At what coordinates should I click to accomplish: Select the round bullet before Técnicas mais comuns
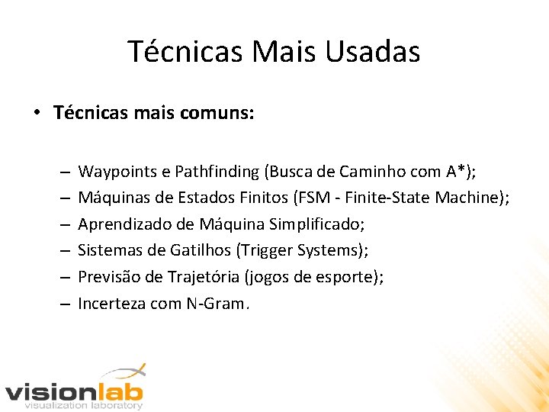coord(37,114)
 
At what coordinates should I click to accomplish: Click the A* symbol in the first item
coord(459,172)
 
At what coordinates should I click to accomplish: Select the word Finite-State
coord(387,198)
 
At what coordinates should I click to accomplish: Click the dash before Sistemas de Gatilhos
coord(64,250)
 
